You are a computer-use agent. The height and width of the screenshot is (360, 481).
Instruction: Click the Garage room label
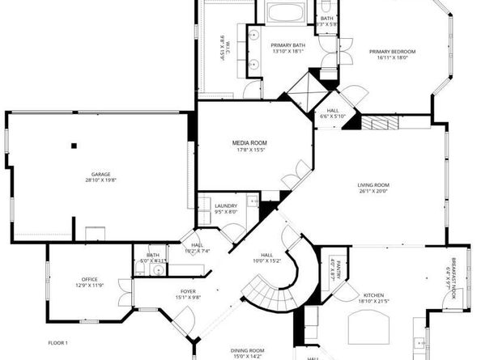(x=100, y=174)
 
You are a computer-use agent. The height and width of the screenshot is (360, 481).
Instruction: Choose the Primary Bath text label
(x=287, y=45)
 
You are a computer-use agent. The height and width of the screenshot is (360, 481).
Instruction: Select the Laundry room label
(x=226, y=206)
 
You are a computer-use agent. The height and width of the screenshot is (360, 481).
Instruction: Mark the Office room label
(x=89, y=279)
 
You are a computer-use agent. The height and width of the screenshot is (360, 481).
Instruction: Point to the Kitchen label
(x=373, y=296)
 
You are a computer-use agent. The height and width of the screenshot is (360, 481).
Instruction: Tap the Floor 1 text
(x=57, y=343)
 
